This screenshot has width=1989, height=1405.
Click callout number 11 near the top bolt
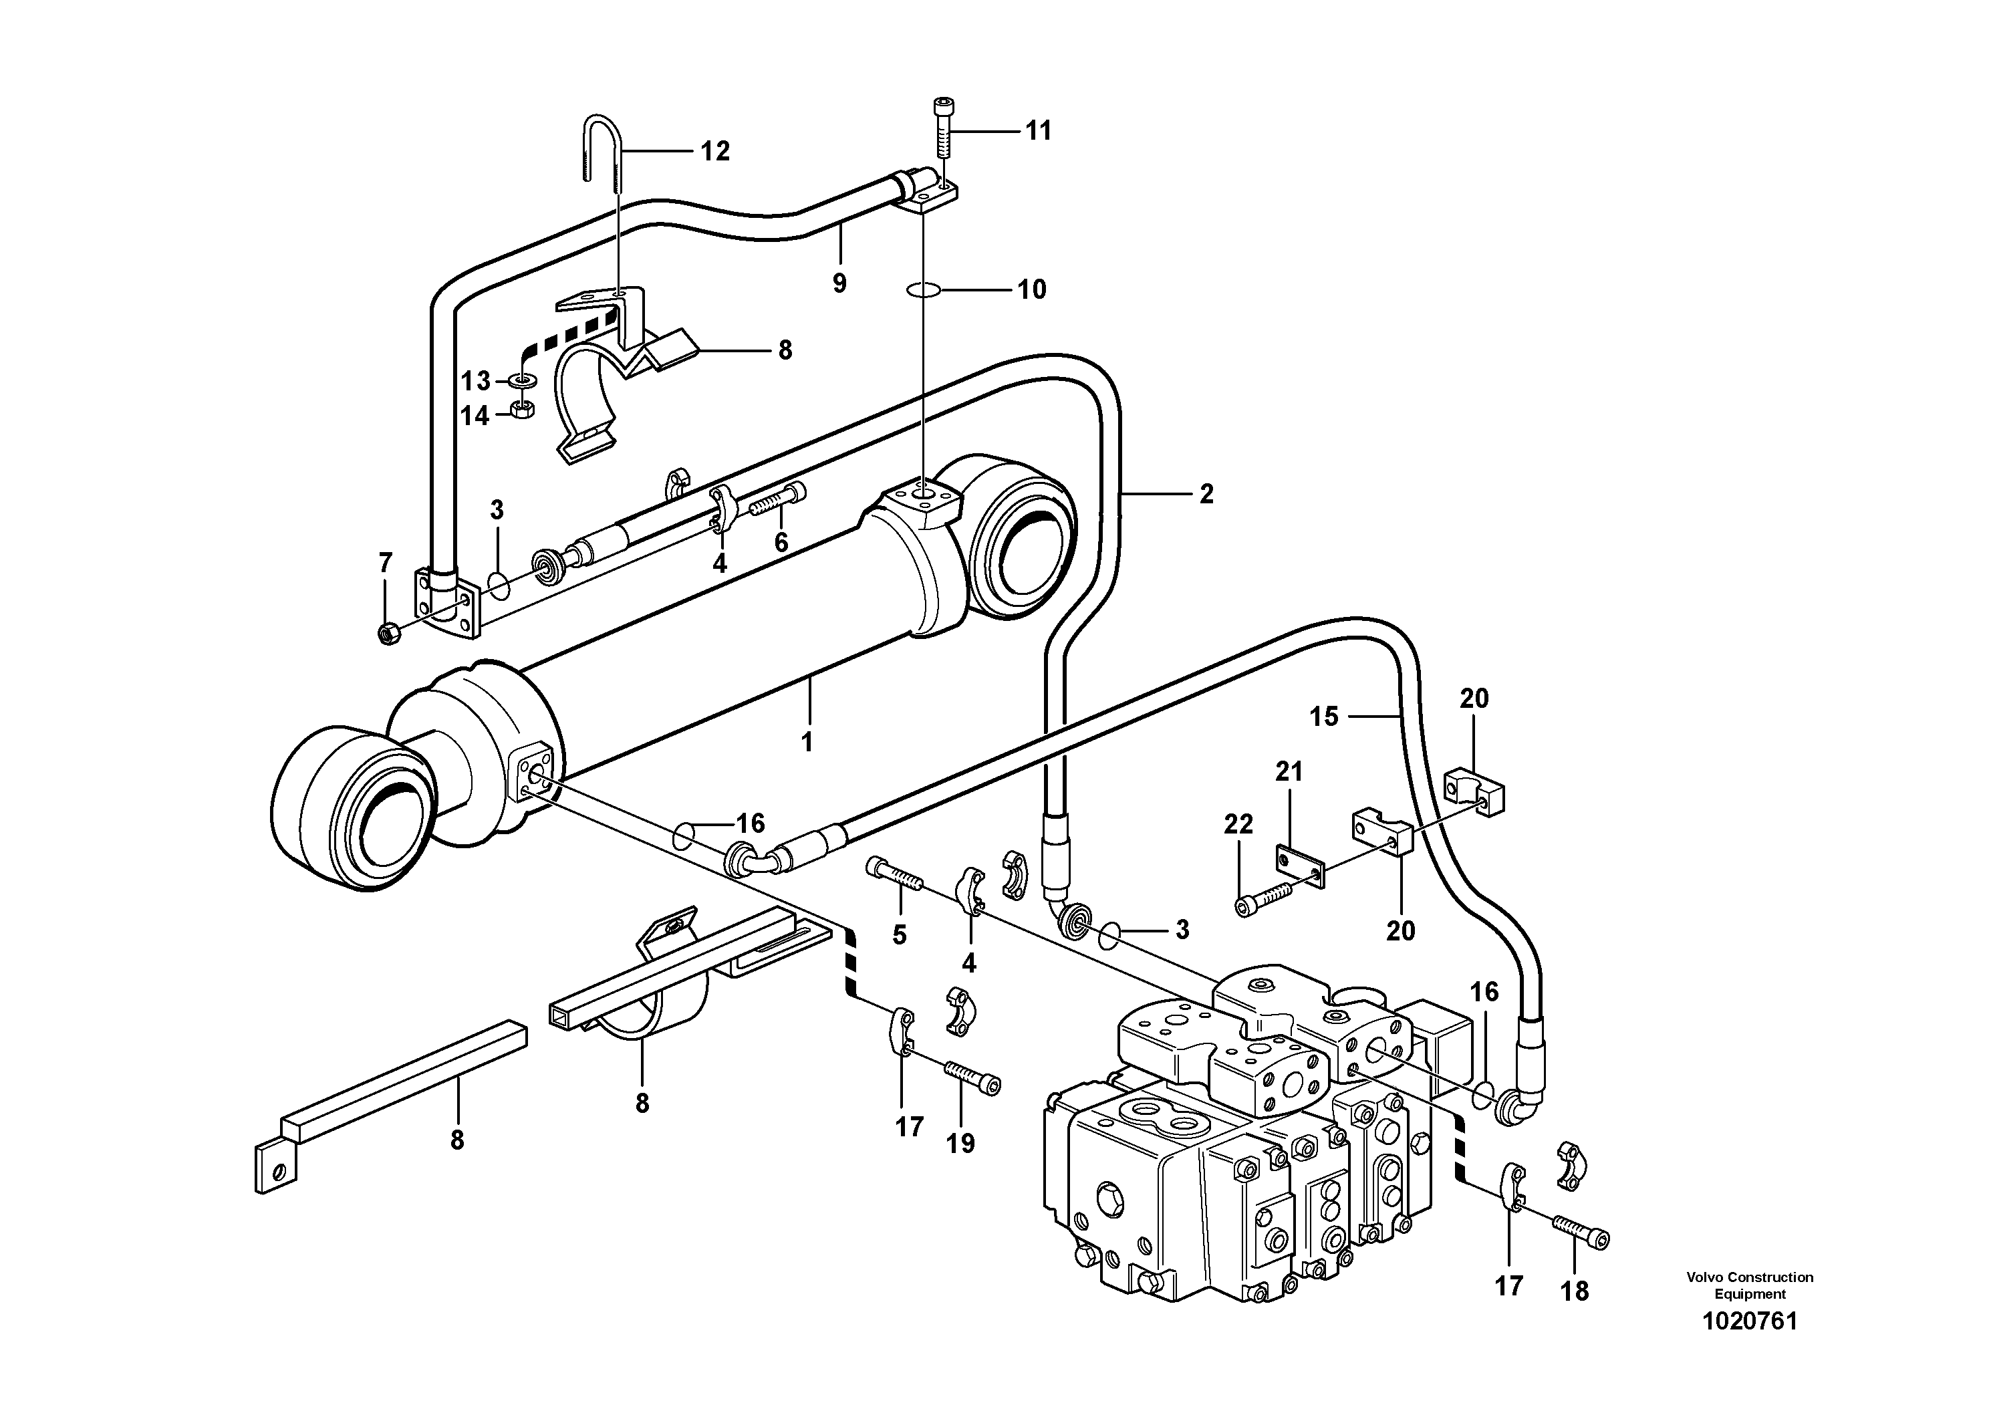tap(1038, 131)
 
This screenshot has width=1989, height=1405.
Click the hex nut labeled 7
tap(389, 634)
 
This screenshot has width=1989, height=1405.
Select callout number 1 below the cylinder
tap(807, 743)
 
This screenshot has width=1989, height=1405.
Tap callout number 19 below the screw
tap(960, 1144)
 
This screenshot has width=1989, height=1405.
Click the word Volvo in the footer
tap(1703, 1277)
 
